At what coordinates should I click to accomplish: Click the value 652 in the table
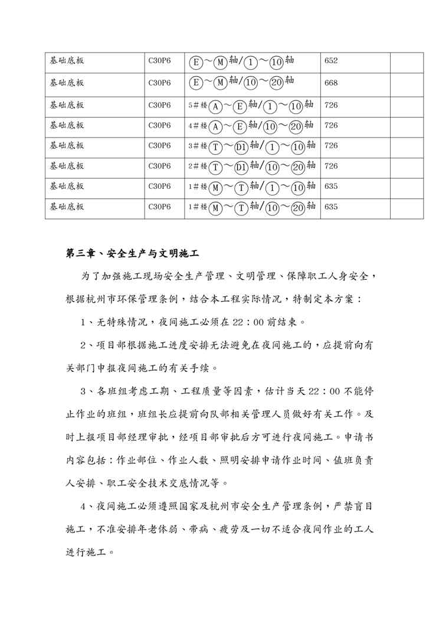331,61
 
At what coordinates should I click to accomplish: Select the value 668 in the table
331,82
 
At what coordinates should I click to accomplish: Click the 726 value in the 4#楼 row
331,126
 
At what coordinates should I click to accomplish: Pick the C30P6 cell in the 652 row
159,61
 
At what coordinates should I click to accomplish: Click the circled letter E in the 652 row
196,61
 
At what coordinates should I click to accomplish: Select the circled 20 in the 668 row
276,82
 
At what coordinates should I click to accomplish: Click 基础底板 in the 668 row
67,82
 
